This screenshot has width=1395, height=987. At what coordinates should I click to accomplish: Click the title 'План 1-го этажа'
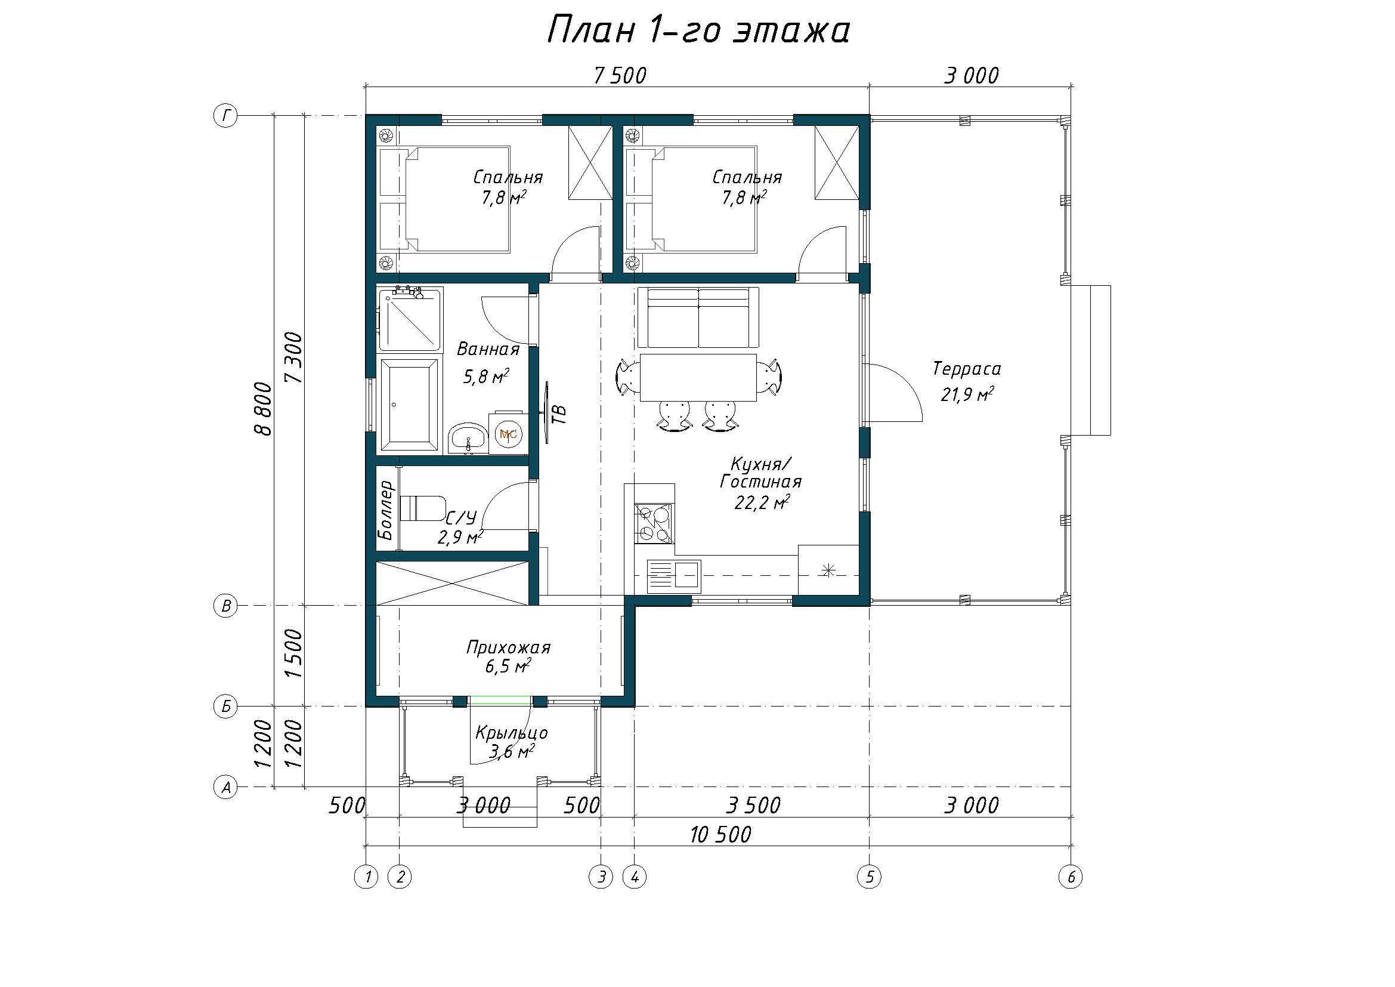[698, 30]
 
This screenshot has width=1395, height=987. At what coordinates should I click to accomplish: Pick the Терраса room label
[967, 369]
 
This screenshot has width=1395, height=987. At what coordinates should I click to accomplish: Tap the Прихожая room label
[508, 647]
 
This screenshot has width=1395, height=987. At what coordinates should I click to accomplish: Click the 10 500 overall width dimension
[720, 834]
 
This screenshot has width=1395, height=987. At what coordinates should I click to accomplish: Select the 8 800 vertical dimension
[263, 408]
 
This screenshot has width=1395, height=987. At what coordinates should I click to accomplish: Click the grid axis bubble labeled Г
[225, 116]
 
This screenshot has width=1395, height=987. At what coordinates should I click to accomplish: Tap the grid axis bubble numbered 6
[1071, 877]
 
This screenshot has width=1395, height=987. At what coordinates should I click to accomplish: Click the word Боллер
[386, 511]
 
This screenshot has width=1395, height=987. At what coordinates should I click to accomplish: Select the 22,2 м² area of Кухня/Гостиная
[762, 502]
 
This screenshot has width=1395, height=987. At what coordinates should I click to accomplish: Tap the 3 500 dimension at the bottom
[753, 805]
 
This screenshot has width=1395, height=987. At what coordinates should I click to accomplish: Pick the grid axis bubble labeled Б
[225, 706]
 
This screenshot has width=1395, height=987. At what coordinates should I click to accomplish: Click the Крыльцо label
[512, 733]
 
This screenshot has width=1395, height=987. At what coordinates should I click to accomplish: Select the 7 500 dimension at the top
[620, 76]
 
